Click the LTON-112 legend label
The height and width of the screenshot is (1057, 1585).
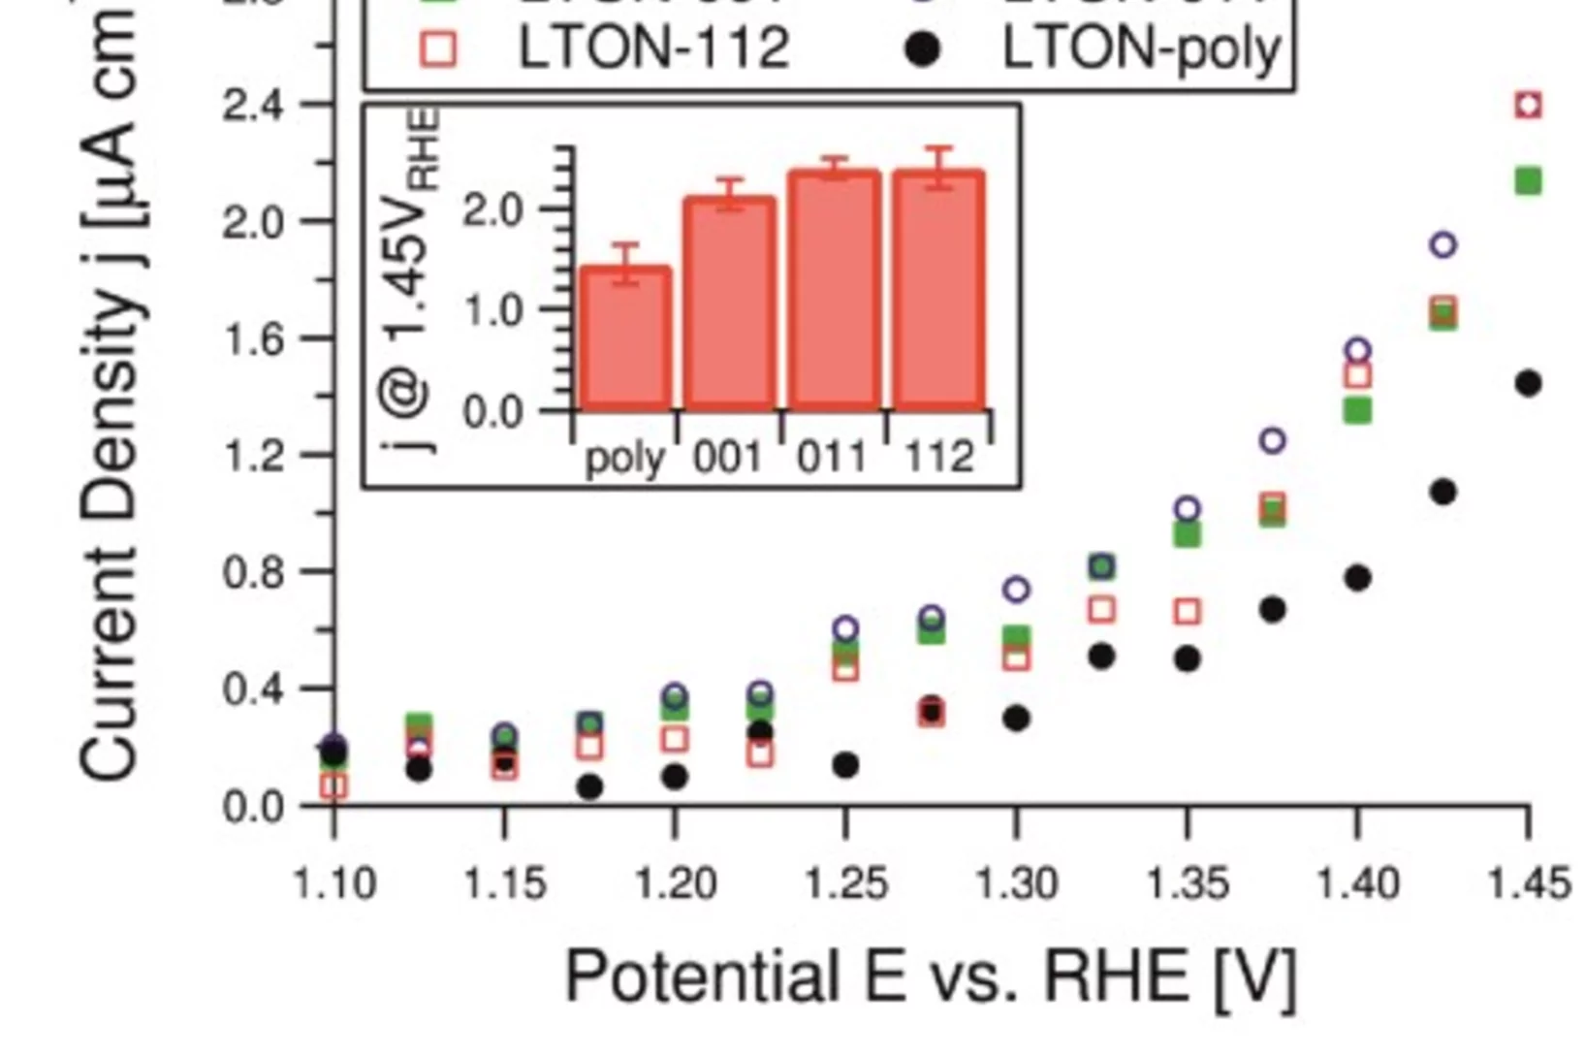(654, 48)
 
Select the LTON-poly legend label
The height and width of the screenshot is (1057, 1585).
(1142, 48)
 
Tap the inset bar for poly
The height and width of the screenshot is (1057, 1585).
(626, 338)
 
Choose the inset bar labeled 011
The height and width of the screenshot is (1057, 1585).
(834, 291)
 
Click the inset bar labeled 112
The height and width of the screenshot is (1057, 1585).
(938, 291)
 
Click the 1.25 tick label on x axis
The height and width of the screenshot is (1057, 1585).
(846, 883)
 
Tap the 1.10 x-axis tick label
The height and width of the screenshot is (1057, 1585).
(334, 883)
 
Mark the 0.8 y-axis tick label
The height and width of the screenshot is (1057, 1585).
(254, 572)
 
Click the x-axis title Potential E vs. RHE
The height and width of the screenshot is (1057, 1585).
(930, 976)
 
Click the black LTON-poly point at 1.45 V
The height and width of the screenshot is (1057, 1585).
(1529, 384)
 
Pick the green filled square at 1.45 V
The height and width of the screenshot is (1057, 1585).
(1529, 181)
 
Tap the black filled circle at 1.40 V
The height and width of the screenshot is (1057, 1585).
(1358, 578)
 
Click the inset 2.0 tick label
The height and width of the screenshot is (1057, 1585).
(493, 209)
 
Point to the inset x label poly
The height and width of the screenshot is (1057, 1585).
(625, 457)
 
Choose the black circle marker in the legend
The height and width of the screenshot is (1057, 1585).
(923, 48)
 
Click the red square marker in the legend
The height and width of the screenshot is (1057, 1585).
(439, 48)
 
